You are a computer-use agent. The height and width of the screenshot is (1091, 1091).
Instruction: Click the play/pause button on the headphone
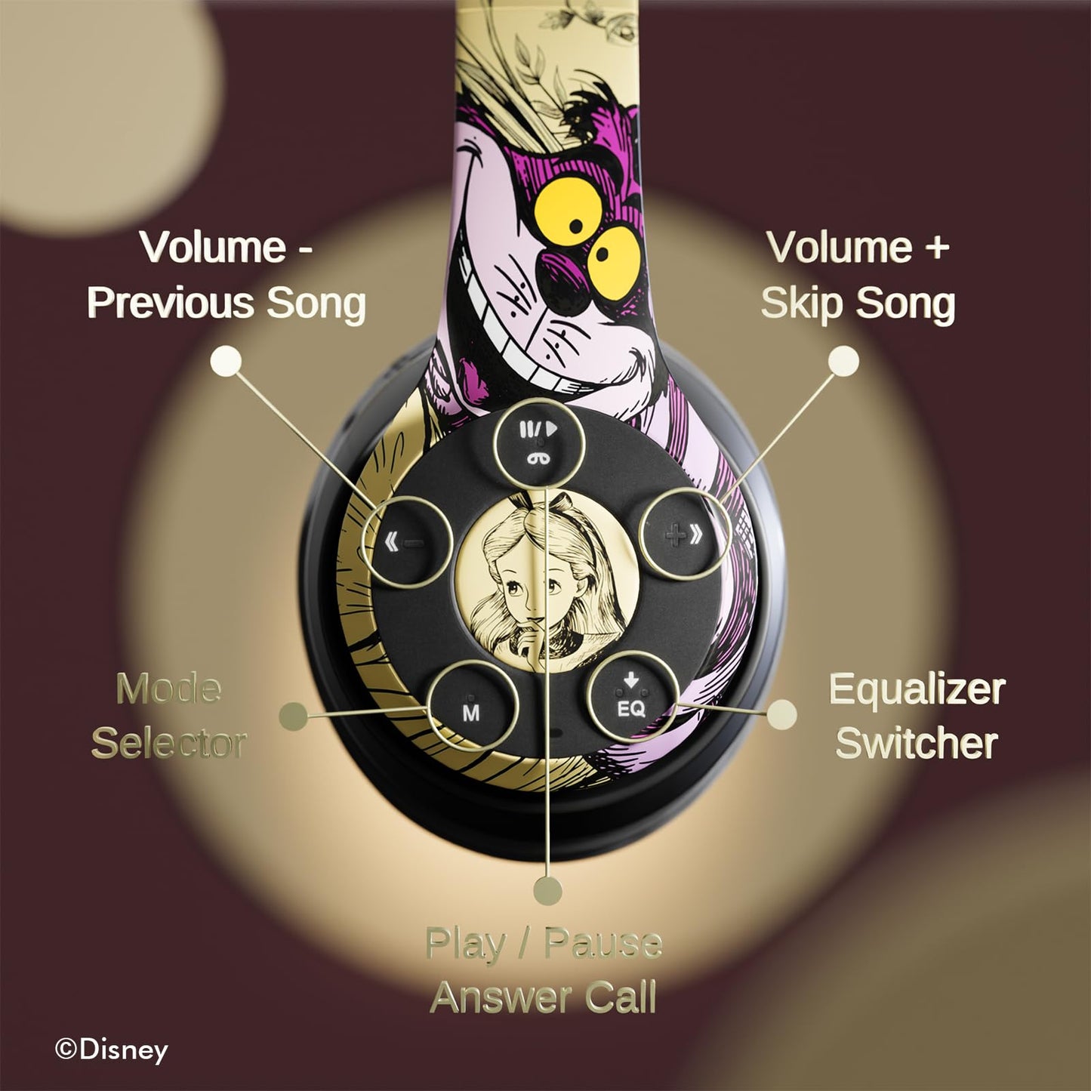pyautogui.click(x=538, y=442)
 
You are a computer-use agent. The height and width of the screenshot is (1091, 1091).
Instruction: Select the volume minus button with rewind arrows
pyautogui.click(x=408, y=542)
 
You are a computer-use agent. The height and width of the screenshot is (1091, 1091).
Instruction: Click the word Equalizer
pyautogui.click(x=917, y=689)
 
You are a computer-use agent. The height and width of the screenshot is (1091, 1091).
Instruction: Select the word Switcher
pyautogui.click(x=917, y=743)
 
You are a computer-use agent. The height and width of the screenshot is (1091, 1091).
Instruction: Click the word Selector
pyautogui.click(x=169, y=743)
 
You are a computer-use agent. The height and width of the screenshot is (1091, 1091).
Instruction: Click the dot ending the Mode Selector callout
pyautogui.click(x=294, y=717)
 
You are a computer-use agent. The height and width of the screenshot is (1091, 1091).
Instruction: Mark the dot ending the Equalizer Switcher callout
pyautogui.click(x=782, y=714)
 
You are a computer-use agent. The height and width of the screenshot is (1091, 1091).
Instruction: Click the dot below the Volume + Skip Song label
pyautogui.click(x=843, y=361)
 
